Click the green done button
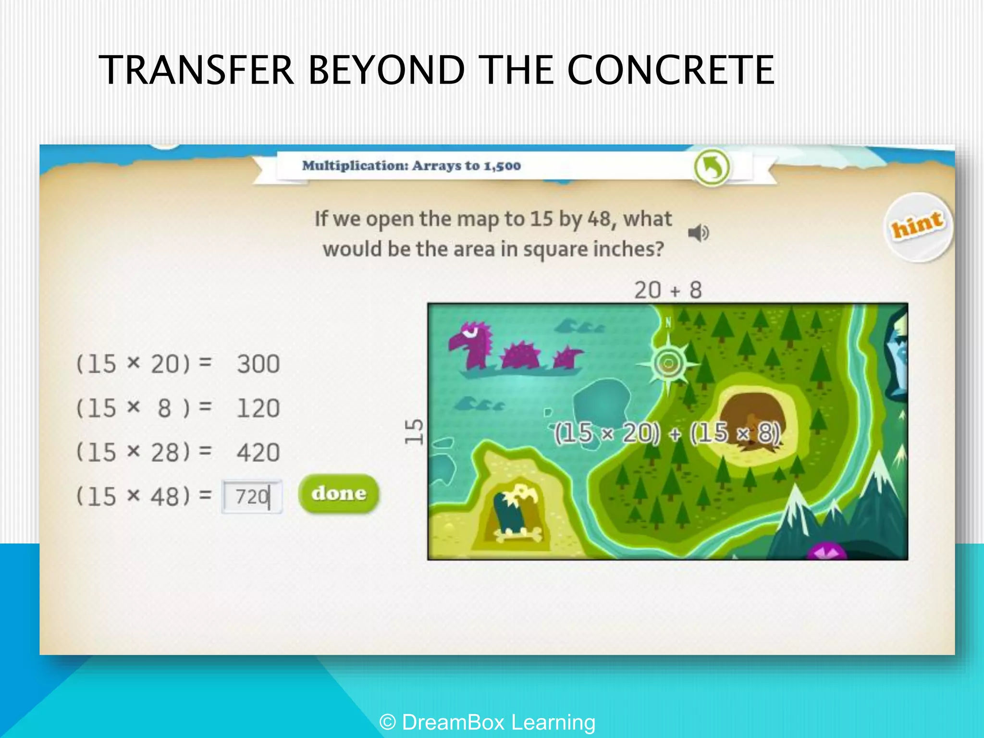click(339, 493)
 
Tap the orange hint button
click(918, 226)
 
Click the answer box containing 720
click(252, 497)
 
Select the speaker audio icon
click(698, 233)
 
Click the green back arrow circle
click(712, 167)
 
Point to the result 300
click(258, 364)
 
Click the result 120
click(258, 408)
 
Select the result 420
click(258, 453)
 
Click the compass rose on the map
click(668, 364)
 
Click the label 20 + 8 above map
click(668, 290)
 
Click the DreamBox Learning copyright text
click(487, 722)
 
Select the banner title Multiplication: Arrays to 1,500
click(411, 166)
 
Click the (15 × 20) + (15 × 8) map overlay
click(667, 433)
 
